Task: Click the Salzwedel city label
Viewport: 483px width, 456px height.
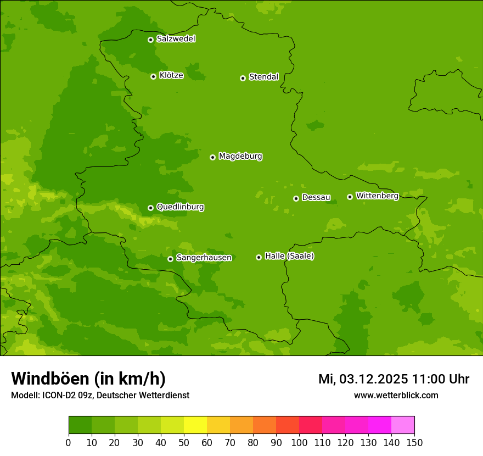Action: [x=176, y=39]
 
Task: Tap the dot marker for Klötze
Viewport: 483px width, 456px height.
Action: [x=153, y=76]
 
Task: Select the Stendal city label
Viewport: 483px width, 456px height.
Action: [x=263, y=77]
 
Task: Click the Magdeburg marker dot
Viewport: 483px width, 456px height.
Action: [x=212, y=157]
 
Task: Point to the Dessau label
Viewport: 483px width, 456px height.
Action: [x=316, y=197]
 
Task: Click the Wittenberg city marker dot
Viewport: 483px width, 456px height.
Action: [x=350, y=197]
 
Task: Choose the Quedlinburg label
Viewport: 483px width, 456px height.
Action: [x=180, y=207]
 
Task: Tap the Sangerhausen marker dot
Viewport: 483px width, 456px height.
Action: [x=170, y=259]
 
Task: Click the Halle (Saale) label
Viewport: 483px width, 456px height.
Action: [x=289, y=256]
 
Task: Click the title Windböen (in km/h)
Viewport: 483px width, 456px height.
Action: [x=88, y=379]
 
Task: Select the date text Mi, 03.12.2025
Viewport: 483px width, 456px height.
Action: [x=363, y=379]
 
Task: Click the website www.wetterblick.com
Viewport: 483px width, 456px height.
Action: [x=396, y=395]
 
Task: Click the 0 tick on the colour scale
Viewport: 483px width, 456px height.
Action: [x=69, y=443]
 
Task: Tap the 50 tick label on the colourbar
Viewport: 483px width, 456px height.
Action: [x=184, y=443]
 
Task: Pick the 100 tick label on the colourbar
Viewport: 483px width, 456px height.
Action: [x=299, y=443]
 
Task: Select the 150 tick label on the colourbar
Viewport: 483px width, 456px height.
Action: [x=414, y=443]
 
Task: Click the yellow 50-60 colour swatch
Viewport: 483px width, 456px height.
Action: [x=195, y=425]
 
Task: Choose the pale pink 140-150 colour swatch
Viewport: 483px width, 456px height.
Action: [x=403, y=425]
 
